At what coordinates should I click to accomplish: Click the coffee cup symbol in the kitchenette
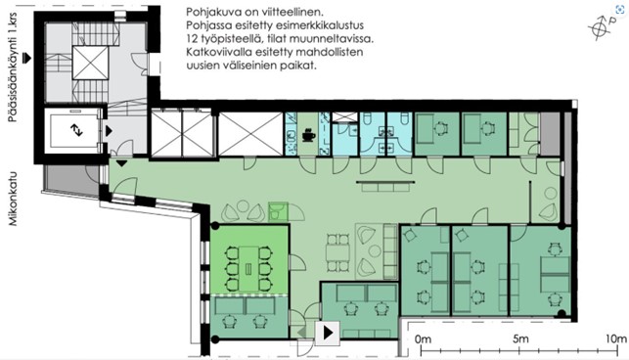click(308, 134)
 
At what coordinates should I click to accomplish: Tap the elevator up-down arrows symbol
click(76, 130)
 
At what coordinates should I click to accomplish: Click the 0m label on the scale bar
click(423, 339)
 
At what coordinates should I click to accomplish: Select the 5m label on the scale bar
click(520, 338)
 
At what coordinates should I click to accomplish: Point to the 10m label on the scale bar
click(616, 338)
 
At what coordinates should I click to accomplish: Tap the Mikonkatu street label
click(14, 199)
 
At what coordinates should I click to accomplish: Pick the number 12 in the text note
click(192, 39)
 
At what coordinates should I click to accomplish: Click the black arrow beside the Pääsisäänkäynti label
click(26, 58)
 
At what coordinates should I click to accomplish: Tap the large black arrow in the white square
click(328, 333)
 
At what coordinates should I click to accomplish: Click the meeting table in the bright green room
click(248, 269)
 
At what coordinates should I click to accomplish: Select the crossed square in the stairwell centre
click(90, 63)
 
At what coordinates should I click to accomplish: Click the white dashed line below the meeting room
click(249, 295)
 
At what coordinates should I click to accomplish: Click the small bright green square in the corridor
click(278, 212)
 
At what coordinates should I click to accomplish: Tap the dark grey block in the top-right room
click(550, 134)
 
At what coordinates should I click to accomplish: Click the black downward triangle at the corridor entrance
click(121, 163)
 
